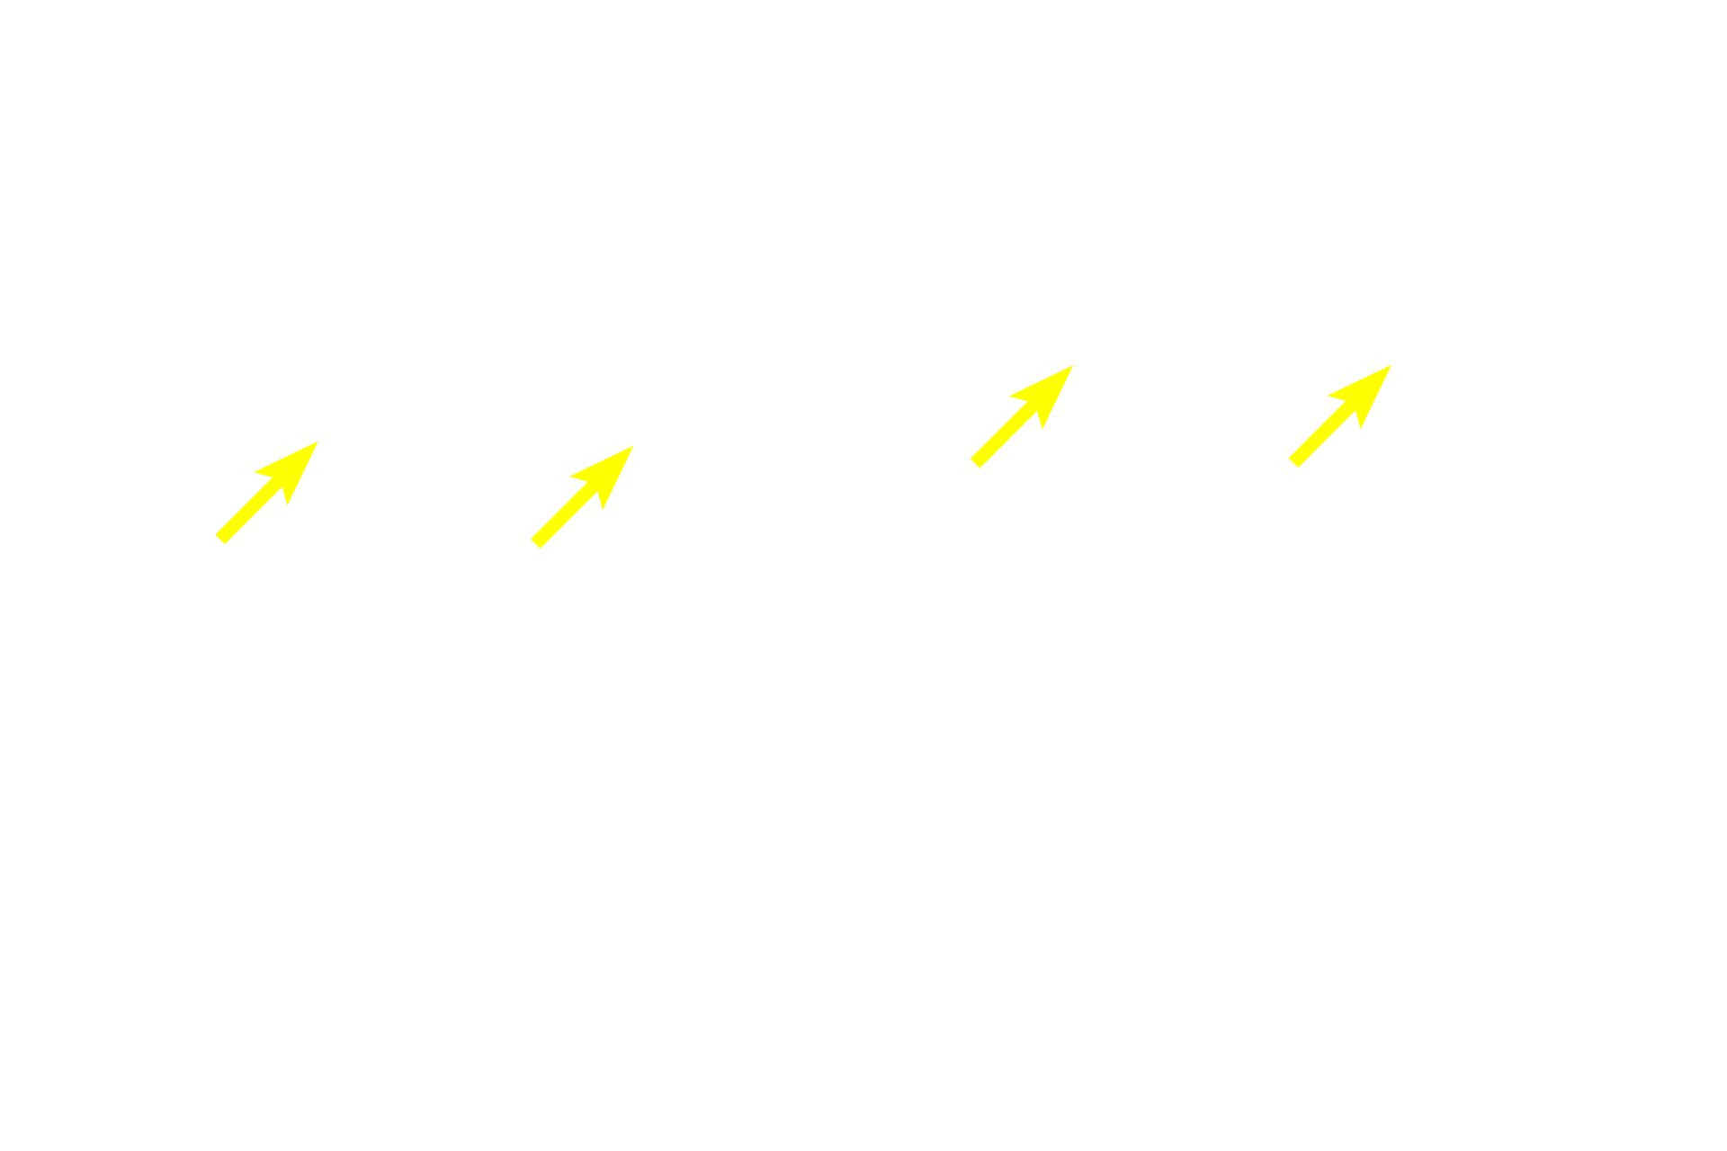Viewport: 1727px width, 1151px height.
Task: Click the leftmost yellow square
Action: pos(267,493)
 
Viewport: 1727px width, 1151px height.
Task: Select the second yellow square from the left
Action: pos(581,496)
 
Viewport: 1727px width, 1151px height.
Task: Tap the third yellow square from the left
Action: pos(1022,416)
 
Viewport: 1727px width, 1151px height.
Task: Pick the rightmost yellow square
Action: pos(1339,416)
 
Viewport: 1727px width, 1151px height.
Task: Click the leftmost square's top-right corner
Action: pos(319,440)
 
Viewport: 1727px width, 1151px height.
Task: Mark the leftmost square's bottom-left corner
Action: pos(215,546)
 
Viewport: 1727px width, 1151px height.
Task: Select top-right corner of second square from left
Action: pos(634,444)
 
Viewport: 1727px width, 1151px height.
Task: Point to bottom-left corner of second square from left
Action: pos(529,549)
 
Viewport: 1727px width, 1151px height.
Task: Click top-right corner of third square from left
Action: pos(1075,364)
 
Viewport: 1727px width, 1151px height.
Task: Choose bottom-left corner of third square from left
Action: pos(969,468)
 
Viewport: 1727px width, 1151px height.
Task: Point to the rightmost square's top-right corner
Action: pos(1391,364)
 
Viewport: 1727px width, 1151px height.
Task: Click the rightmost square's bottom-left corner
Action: pos(1287,468)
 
